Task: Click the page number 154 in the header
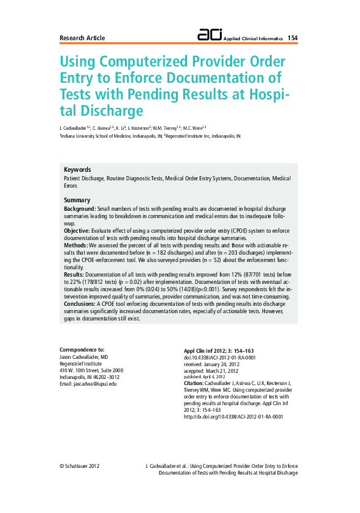[292, 38]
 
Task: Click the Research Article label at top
[82, 38]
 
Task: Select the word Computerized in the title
[151, 62]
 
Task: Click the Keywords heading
[77, 169]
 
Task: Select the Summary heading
[77, 200]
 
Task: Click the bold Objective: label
[77, 232]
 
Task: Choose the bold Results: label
[74, 275]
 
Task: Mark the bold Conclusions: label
[80, 303]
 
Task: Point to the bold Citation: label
[194, 383]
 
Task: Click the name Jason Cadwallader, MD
[83, 356]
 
